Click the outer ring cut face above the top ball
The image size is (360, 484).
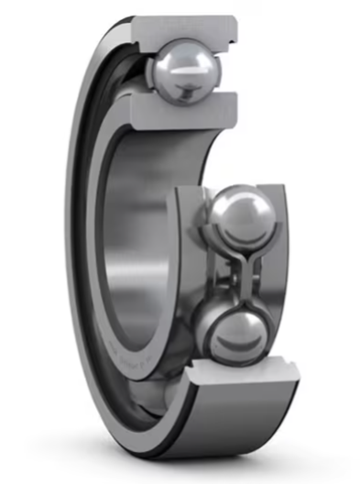pyautogui.click(x=188, y=27)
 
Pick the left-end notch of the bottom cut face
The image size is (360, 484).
pyautogui.click(x=194, y=371)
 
